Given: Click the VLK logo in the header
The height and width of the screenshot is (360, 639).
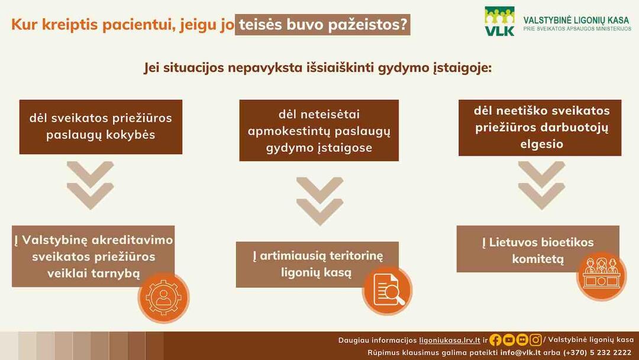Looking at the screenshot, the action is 499,21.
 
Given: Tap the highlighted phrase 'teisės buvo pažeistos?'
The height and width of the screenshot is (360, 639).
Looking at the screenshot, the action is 323,24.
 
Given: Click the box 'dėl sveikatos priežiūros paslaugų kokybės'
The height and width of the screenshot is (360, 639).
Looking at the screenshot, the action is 101,127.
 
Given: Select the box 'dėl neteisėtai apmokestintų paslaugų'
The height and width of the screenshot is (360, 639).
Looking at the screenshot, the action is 319,130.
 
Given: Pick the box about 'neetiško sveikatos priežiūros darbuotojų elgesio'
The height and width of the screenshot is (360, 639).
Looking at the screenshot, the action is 540,128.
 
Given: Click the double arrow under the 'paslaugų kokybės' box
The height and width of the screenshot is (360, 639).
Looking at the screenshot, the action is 90,185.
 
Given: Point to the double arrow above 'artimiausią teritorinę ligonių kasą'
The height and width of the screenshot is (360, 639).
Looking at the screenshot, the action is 319,201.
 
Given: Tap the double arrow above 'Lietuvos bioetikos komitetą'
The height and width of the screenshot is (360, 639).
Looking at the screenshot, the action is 541,185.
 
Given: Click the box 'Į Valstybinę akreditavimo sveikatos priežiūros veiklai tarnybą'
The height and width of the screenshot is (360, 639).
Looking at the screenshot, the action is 93,256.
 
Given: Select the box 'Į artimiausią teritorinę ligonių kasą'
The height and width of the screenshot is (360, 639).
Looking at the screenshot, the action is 318,264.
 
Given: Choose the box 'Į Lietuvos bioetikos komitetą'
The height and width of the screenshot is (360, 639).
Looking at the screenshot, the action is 538,249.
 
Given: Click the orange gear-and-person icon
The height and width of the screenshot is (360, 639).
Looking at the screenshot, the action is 163,298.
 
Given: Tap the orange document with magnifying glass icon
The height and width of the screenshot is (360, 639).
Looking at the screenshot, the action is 387,290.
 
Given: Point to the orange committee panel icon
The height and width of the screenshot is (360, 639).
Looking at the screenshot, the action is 602,276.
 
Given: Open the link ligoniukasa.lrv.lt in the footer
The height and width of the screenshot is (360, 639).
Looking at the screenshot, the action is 450,340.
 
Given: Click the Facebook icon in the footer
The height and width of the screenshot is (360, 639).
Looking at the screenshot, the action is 496,340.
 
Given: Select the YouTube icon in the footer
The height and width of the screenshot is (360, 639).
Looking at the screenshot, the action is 509,340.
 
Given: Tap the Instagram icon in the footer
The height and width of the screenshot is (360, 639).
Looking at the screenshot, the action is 535,340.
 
